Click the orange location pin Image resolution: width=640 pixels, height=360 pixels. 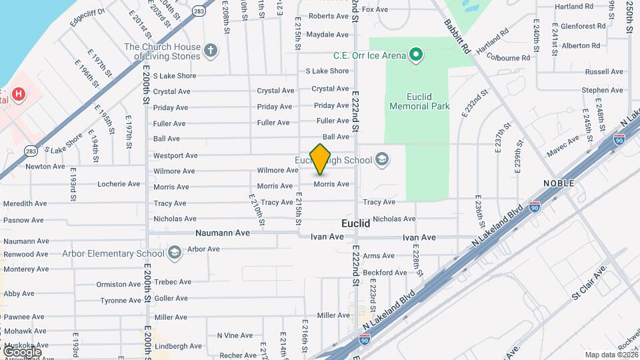click(x=321, y=159)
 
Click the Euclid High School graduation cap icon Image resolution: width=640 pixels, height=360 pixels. click(x=383, y=159)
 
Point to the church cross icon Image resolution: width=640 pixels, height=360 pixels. click(x=211, y=51)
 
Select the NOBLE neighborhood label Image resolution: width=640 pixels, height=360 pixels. click(x=559, y=183)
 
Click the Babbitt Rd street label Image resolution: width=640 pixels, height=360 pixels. click(x=457, y=36)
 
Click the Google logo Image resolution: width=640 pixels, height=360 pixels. click(x=22, y=351)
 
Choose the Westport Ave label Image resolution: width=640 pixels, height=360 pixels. click(x=175, y=155)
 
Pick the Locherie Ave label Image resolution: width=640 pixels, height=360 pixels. click(x=119, y=184)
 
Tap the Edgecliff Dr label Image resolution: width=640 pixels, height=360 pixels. click(x=87, y=17)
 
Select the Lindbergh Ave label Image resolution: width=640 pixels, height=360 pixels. click(x=178, y=346)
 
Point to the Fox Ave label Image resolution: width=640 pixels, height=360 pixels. click(x=375, y=9)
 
